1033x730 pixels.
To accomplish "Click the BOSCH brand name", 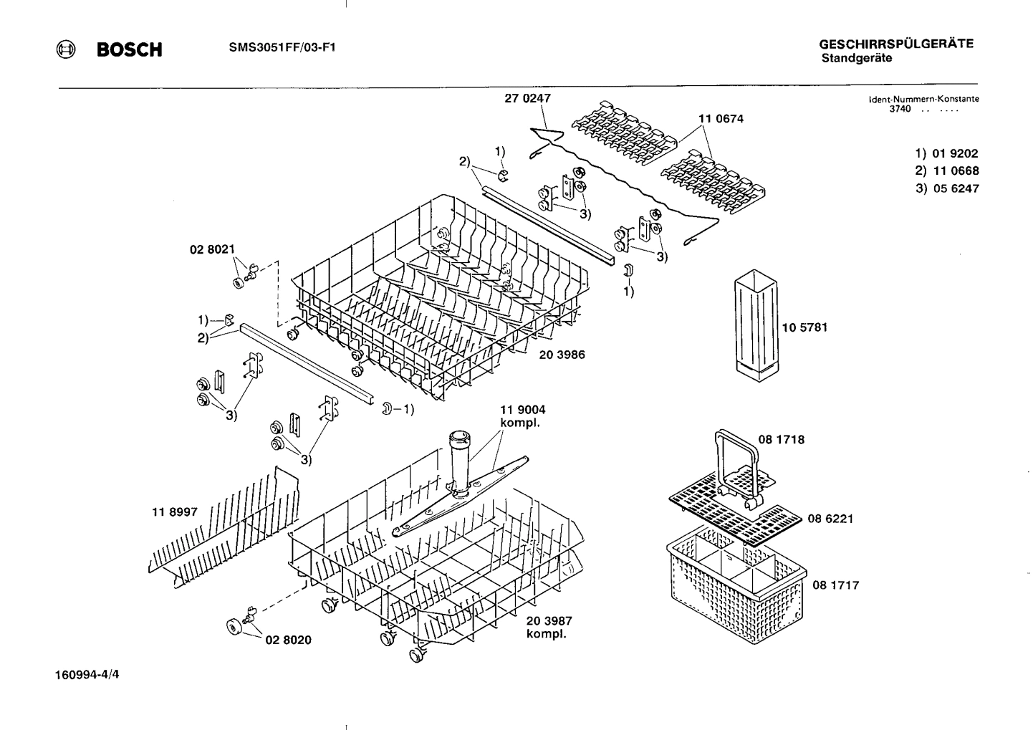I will pyautogui.click(x=129, y=49).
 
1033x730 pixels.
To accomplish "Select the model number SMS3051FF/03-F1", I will pyautogui.click(x=282, y=48).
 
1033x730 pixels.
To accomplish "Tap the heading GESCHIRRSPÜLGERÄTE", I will pyautogui.click(x=895, y=44).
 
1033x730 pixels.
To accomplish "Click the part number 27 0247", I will pyautogui.click(x=527, y=99).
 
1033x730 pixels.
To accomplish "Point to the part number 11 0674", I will pyautogui.click(x=721, y=119).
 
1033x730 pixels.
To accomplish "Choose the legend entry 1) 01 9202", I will pyautogui.click(x=946, y=153).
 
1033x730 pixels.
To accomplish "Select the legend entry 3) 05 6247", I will pyautogui.click(x=946, y=188).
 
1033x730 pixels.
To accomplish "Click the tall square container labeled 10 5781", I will pyautogui.click(x=755, y=322).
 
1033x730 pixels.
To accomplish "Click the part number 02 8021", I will pyautogui.click(x=212, y=249).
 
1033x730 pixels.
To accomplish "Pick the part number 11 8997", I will pyautogui.click(x=174, y=512).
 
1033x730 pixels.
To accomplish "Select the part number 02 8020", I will pyautogui.click(x=288, y=640).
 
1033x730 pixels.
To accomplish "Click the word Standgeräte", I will pyautogui.click(x=856, y=59).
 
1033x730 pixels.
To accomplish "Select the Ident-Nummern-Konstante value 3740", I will pyautogui.click(x=900, y=109).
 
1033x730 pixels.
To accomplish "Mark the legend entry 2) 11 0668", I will pyautogui.click(x=946, y=171).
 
